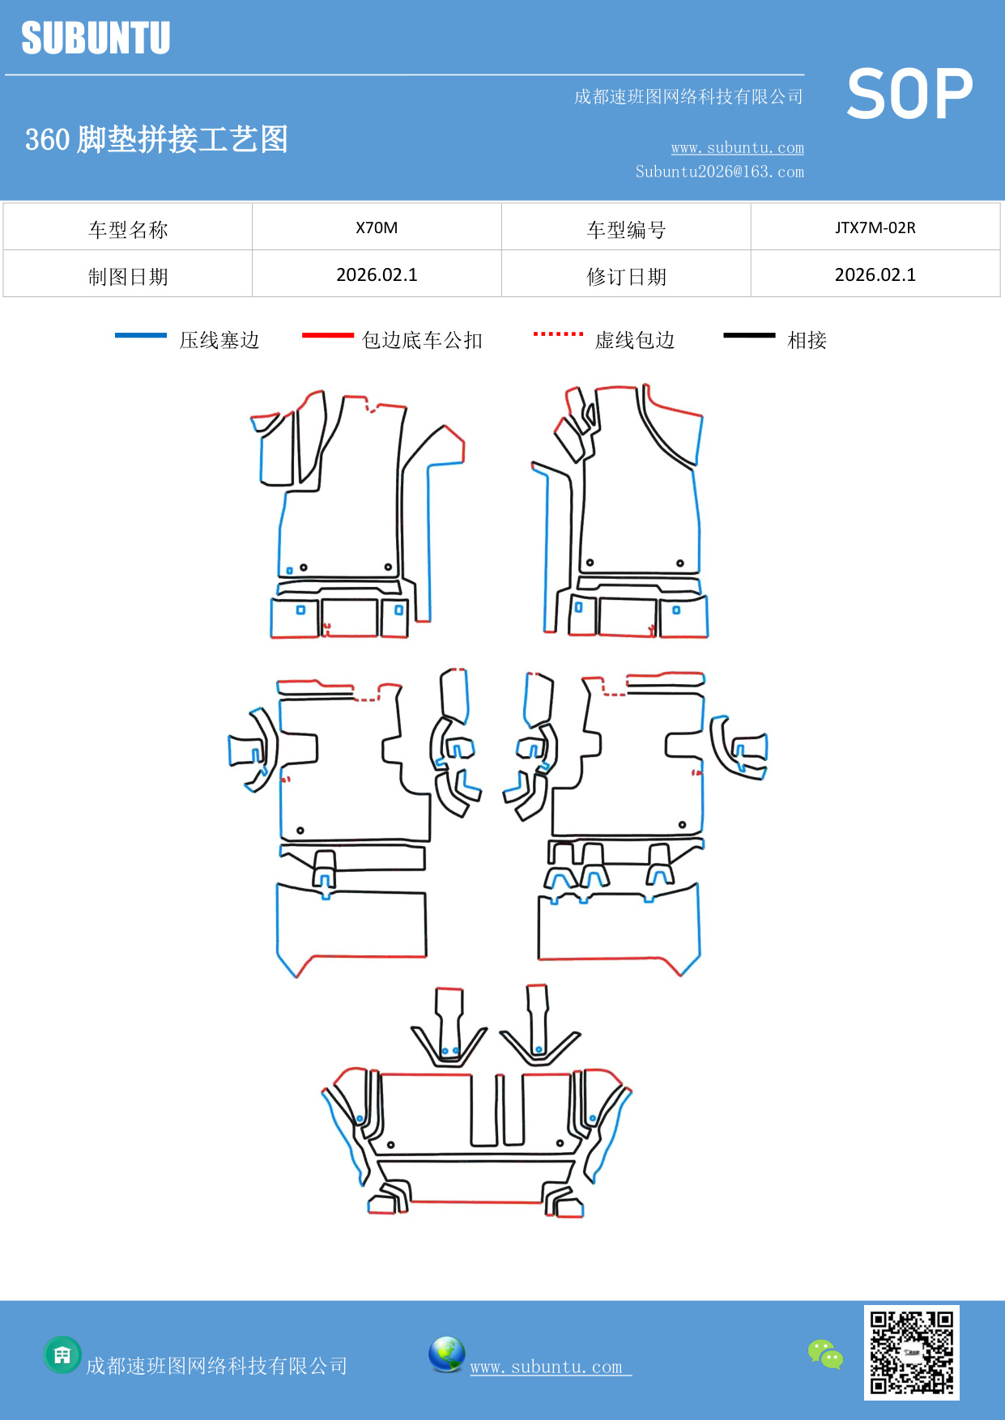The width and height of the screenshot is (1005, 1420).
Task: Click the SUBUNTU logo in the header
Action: coord(96,38)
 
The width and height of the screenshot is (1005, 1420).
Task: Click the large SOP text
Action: coord(909,95)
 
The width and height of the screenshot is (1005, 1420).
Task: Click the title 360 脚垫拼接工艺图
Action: coord(156,139)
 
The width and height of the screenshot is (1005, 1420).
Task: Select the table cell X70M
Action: coord(377,227)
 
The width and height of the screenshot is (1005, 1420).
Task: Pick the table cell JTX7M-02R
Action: coord(875,227)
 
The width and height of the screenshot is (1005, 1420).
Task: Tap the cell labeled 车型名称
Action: coord(128,230)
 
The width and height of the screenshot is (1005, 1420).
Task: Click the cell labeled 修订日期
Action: coord(626,277)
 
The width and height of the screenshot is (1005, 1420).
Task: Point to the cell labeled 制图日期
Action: coord(128,277)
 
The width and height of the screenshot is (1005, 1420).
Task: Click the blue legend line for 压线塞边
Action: coord(141,335)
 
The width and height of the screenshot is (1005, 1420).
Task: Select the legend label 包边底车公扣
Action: coord(422,340)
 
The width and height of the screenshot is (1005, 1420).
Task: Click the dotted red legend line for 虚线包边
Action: coord(558,334)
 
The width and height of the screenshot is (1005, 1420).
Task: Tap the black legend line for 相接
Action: coord(749,335)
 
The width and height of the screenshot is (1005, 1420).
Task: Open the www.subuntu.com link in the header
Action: coord(737,147)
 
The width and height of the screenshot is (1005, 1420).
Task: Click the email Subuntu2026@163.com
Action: coord(719,172)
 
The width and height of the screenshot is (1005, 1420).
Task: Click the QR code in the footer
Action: coord(911,1352)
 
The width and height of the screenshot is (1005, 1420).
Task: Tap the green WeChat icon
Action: coord(825,1354)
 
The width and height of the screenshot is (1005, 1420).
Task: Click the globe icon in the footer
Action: coord(446,1354)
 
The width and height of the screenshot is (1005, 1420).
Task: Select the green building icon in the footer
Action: coord(62,1354)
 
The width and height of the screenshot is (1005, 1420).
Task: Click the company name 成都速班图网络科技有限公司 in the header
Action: coord(688,97)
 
